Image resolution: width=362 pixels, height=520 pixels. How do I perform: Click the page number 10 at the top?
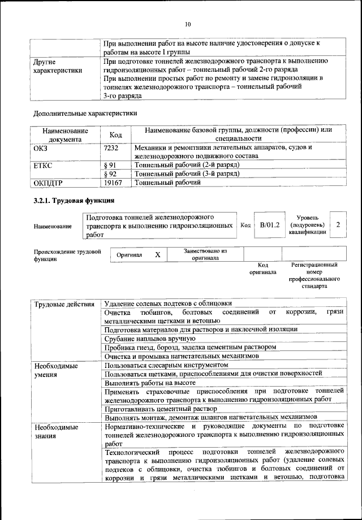coord(188,24)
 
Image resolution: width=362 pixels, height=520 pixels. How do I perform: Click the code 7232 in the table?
coord(111,148)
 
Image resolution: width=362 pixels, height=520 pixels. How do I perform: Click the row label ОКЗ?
coord(42,148)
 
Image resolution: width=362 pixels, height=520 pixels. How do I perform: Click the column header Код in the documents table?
coord(115,135)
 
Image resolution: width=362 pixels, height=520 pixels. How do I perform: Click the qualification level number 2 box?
coord(338,225)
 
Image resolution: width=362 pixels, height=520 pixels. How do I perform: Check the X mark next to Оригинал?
coord(158,255)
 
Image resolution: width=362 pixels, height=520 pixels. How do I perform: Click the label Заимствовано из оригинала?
coord(205,254)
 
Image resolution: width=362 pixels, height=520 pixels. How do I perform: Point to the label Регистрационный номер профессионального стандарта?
coord(314,275)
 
